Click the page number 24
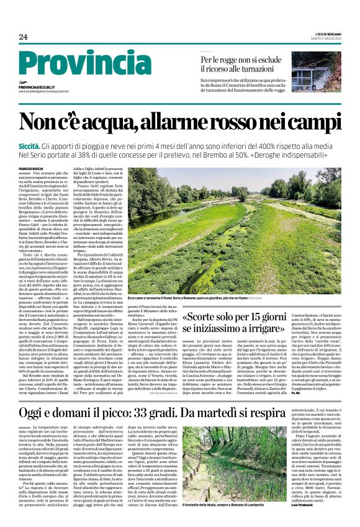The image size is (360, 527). (23, 37)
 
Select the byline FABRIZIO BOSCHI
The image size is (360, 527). (33, 169)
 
